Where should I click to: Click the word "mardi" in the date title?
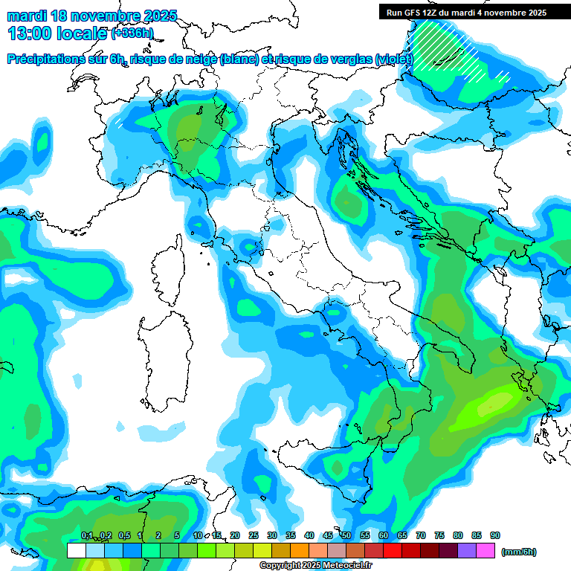[27, 16]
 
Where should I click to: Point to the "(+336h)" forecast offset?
[132, 33]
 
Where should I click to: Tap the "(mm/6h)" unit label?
[519, 552]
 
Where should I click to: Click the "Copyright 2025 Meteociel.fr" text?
[315, 566]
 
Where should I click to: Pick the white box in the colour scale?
[76, 551]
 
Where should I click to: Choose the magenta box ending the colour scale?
[485, 551]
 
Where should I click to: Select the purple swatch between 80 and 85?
[467, 551]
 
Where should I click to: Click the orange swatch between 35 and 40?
[300, 551]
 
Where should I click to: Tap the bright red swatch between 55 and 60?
[393, 551]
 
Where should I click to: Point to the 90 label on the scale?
[495, 535]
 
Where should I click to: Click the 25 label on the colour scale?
[254, 535]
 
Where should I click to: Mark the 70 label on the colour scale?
[421, 535]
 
